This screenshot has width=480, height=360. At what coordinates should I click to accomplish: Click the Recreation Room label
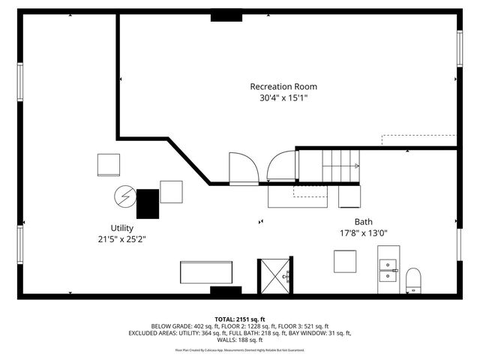point(279,86)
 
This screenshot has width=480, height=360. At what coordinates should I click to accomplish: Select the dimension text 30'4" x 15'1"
point(279,97)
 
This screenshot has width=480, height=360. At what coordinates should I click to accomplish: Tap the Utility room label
point(121,228)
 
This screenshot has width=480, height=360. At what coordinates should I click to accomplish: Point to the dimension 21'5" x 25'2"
point(121,240)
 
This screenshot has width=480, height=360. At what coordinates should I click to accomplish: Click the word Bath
point(364,222)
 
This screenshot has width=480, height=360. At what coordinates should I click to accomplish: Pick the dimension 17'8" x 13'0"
point(364,233)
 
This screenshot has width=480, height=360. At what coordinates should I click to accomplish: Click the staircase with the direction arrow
point(340,166)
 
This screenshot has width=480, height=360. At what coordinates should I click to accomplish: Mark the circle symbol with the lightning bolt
point(124,196)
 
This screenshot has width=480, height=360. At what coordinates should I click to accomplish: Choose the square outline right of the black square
point(171,192)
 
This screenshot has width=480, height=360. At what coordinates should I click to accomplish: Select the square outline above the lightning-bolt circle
point(109,164)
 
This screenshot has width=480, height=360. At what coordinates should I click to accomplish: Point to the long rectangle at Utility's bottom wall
point(206,271)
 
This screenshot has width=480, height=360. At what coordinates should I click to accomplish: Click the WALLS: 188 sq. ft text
point(241,340)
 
